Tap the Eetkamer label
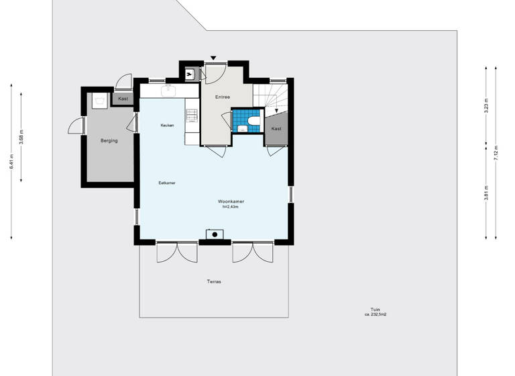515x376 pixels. coord(167,183)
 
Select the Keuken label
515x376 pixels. coord(167,126)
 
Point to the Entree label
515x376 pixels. coord(223,97)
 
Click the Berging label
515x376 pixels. coord(109,141)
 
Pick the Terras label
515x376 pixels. coord(214,281)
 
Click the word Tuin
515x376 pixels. coord(375,309)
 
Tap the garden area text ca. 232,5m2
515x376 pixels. coord(376,314)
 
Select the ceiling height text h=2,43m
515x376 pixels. coord(231,207)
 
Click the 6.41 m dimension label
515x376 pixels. coord(11,161)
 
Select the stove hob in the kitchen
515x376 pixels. coord(192,115)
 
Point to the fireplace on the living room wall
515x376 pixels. coord(215,234)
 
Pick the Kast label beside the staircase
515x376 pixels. coord(276,128)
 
